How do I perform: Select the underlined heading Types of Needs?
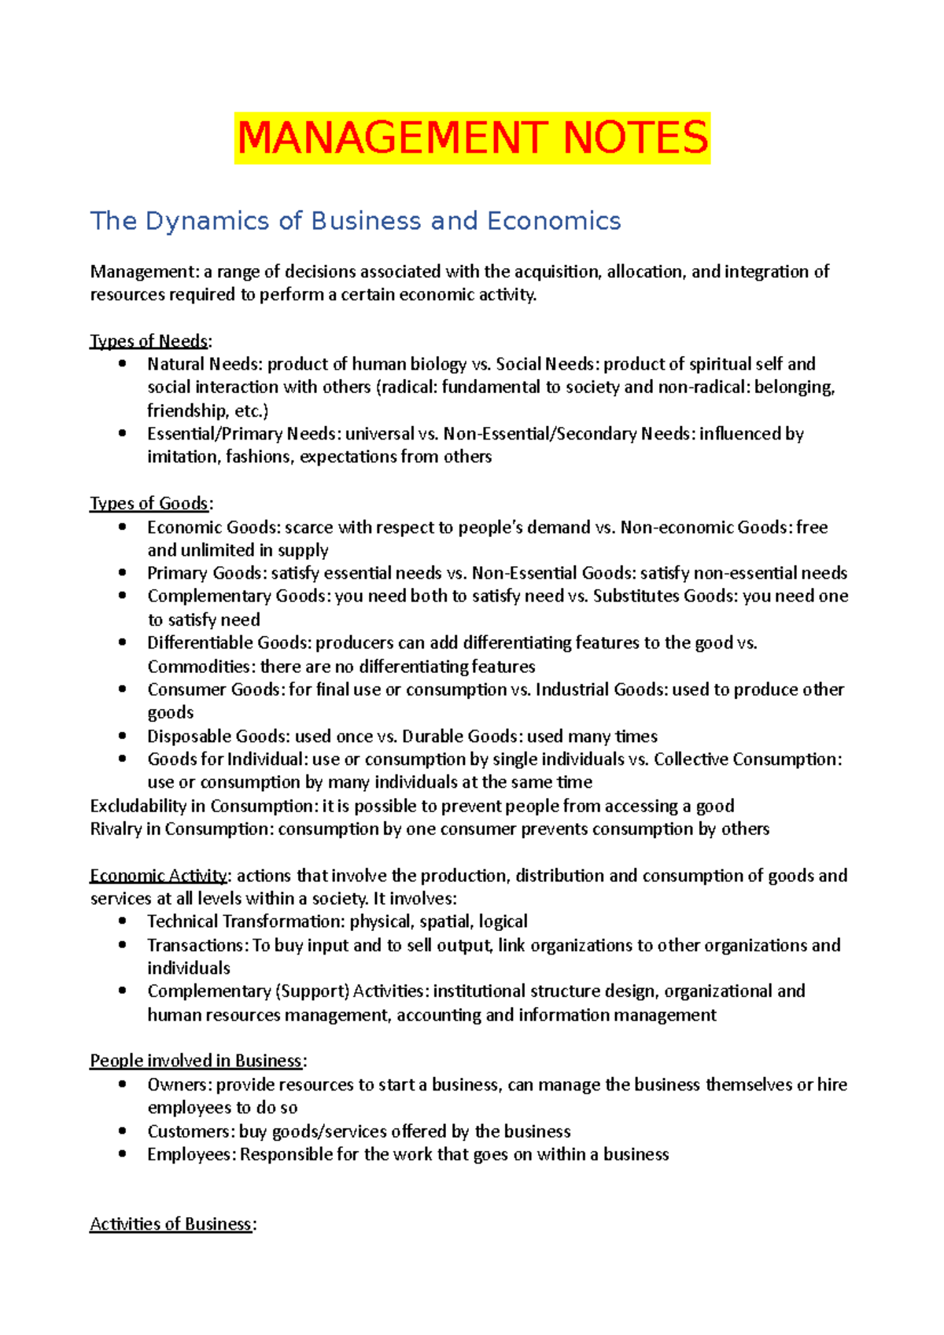coord(149,341)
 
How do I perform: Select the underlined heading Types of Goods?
coord(149,503)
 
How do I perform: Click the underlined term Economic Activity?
coord(160,876)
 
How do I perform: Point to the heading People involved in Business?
coord(196,1061)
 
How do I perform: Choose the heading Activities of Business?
coord(171,1224)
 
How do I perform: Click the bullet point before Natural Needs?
coord(122,363)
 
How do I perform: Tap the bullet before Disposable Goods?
coord(122,736)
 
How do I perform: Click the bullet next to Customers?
coord(122,1131)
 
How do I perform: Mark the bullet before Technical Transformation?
coord(122,921)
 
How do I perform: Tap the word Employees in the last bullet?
coord(190,1154)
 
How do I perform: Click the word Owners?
coord(179,1085)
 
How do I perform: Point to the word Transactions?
coord(197,945)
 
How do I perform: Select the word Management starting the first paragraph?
coord(144,272)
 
